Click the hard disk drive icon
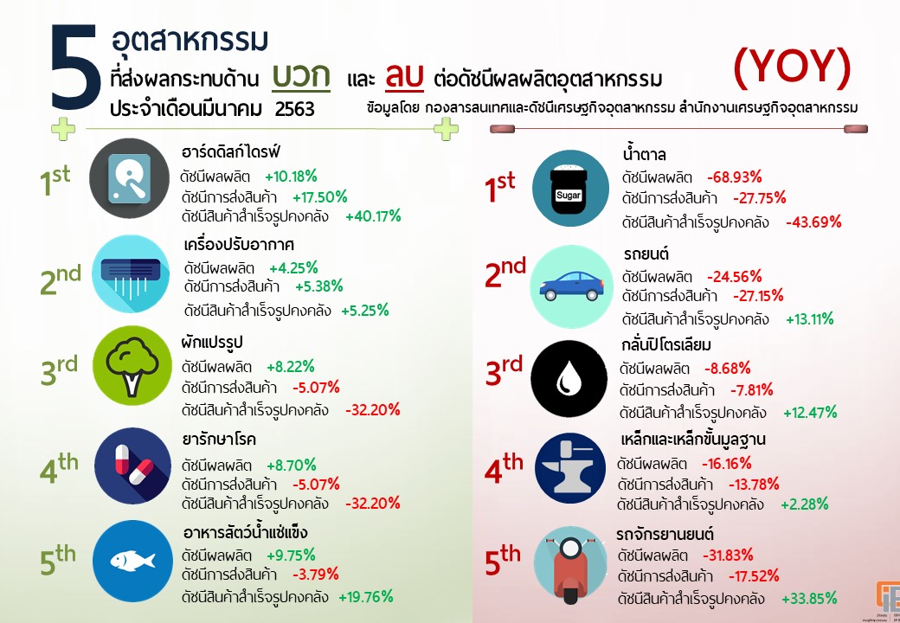(x=130, y=179)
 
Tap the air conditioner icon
(x=130, y=273)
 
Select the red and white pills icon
(x=131, y=466)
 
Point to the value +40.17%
(x=375, y=216)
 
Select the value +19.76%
(x=365, y=596)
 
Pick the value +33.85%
(x=809, y=598)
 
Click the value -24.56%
(x=734, y=277)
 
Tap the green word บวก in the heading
(x=300, y=75)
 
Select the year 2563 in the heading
(x=294, y=109)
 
